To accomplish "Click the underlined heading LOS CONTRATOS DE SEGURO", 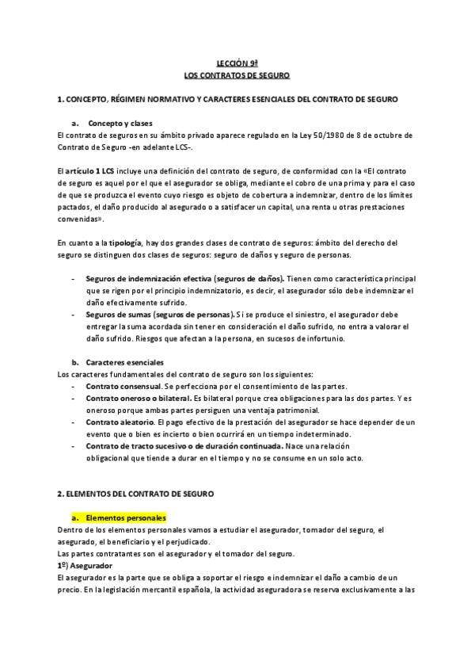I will coord(237,75).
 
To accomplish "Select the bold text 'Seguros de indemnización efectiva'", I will coord(143,278).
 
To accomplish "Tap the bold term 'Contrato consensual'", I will coord(120,386).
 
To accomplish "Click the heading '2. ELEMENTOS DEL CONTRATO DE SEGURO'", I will coord(135,494).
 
